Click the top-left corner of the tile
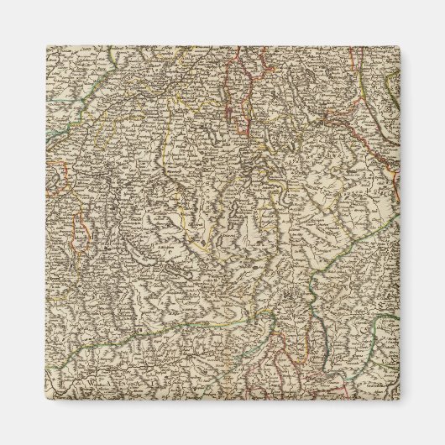47,47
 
